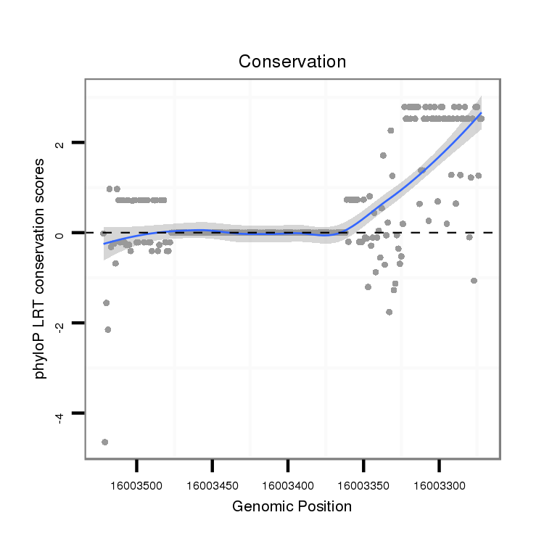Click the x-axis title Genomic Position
[292, 506]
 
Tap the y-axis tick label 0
[60, 233]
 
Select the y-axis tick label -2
[60, 324]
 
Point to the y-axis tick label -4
[60, 414]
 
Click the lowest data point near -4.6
[104, 442]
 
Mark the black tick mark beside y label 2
[78, 142]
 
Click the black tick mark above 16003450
[213, 466]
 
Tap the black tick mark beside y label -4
[78, 413]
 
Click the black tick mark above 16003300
[440, 466]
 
